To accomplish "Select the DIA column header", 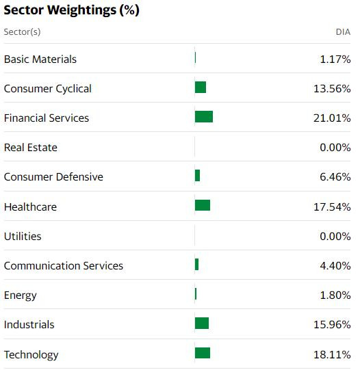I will pyautogui.click(x=343, y=32).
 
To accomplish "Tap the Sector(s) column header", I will pyautogui.click(x=22, y=32).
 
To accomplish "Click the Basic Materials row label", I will pyautogui.click(x=40, y=60).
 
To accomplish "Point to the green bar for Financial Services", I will pyautogui.click(x=204, y=117).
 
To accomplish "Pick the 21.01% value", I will pyautogui.click(x=332, y=118).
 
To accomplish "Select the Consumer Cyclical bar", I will pyautogui.click(x=201, y=88).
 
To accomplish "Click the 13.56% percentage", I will pyautogui.click(x=332, y=89).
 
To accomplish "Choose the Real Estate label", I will pyautogui.click(x=31, y=148).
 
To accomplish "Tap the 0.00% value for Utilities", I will pyautogui.click(x=335, y=237).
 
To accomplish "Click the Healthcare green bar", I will pyautogui.click(x=203, y=205).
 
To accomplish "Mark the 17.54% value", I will pyautogui.click(x=332, y=207).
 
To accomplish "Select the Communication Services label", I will pyautogui.click(x=64, y=266).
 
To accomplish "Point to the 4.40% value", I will pyautogui.click(x=335, y=266).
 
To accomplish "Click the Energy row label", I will pyautogui.click(x=21, y=295).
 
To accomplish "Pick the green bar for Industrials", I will pyautogui.click(x=202, y=323).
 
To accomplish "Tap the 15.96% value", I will pyautogui.click(x=332, y=325).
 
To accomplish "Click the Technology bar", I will pyautogui.click(x=203, y=353).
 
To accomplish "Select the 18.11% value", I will pyautogui.click(x=332, y=355).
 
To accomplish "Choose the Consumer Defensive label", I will pyautogui.click(x=53, y=177).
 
